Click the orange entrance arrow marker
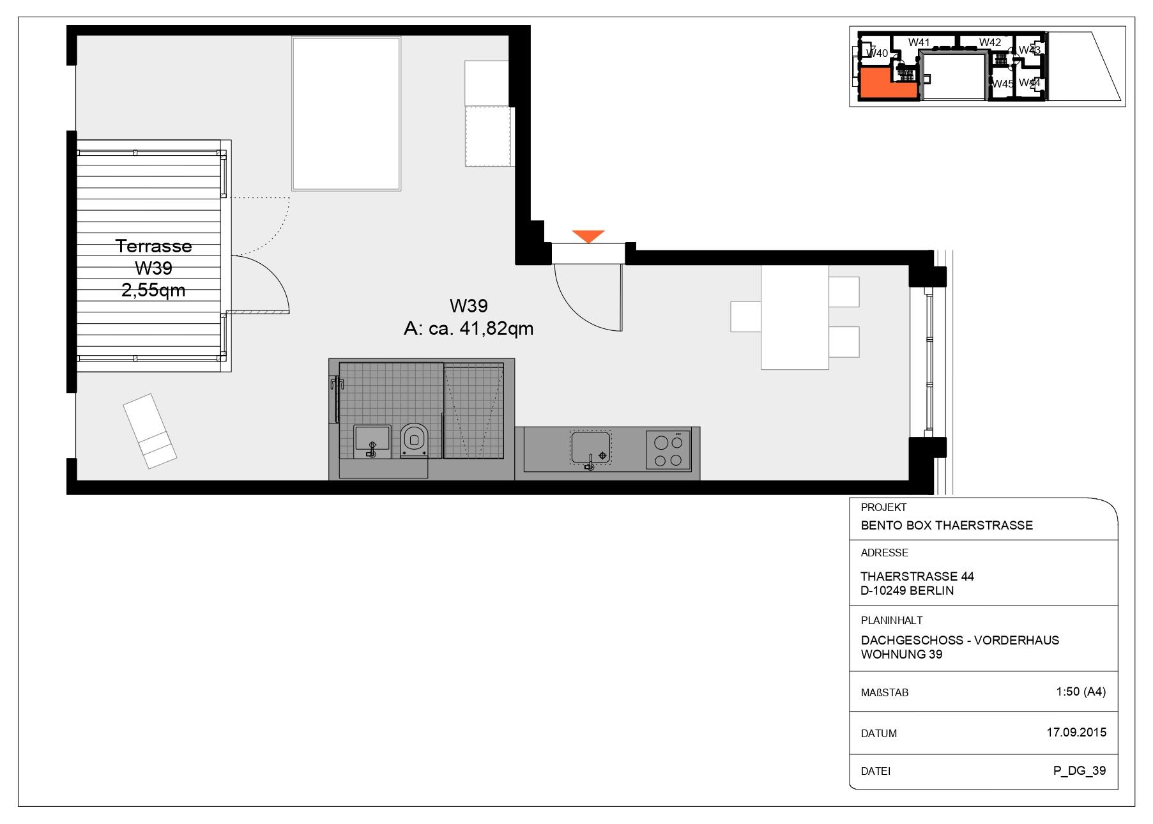(588, 236)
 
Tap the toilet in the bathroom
(414, 440)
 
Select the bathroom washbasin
(372, 441)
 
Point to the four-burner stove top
(668, 450)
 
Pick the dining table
(795, 317)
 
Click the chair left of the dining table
(745, 317)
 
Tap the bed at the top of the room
(346, 114)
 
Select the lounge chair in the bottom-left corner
(150, 431)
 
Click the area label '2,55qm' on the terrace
(153, 290)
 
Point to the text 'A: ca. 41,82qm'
(469, 328)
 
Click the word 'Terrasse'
(153, 246)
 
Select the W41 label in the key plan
(919, 42)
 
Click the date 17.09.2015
(1076, 732)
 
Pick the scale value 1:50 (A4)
(1081, 691)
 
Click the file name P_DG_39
(1080, 770)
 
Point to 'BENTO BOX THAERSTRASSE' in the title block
(947, 525)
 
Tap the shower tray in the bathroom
(473, 411)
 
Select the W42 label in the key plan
(990, 42)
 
